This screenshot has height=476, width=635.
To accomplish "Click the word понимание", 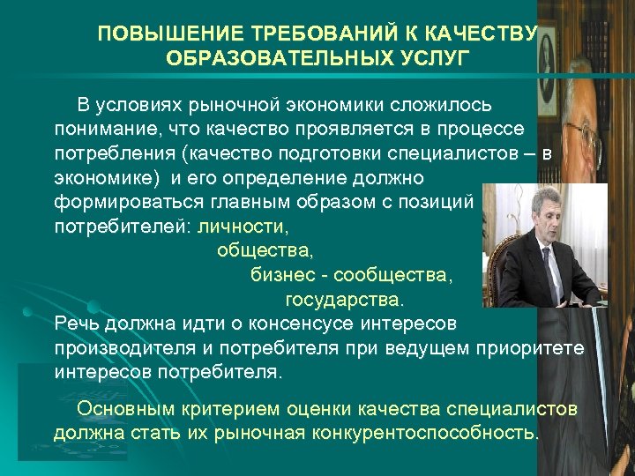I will click(98, 130).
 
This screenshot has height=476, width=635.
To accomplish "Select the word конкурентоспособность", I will click(422, 433).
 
